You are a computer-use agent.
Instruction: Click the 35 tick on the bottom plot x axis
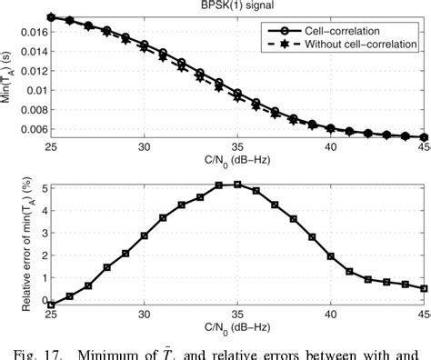pos(238,316)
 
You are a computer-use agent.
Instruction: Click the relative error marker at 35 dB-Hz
pos(238,185)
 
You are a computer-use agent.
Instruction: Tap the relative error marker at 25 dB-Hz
pos(51,305)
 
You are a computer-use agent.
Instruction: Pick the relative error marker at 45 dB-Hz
pos(425,288)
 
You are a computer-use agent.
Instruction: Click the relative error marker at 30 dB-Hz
pos(145,235)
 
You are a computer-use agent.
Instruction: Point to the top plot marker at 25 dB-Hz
pos(51,16)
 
